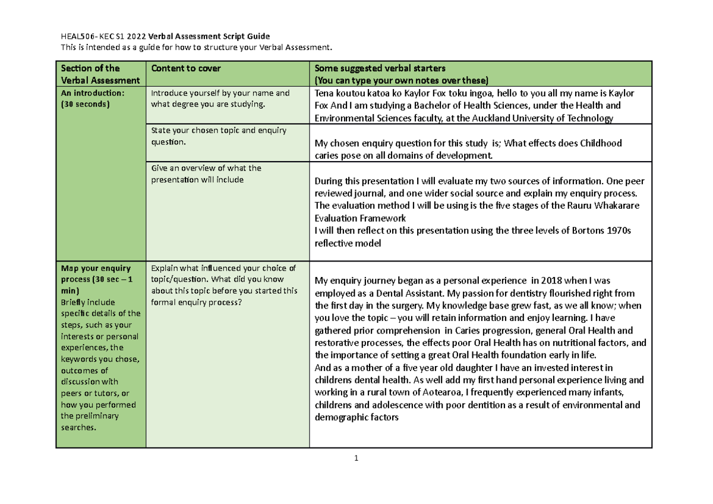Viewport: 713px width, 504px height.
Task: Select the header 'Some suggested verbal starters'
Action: tap(384, 68)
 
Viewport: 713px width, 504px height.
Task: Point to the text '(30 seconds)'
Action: tap(84, 104)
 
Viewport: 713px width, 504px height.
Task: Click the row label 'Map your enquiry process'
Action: tap(95, 273)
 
